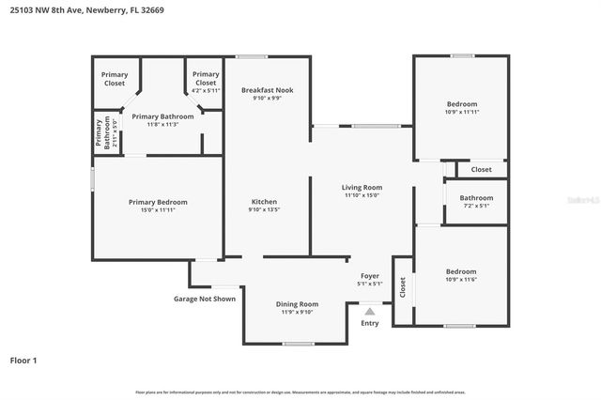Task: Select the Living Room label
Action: [x=362, y=192]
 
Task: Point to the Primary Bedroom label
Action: [x=158, y=206]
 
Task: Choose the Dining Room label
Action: [x=297, y=308]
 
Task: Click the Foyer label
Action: [x=369, y=279]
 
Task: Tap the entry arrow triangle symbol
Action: [x=370, y=312]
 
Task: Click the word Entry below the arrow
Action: [x=370, y=324]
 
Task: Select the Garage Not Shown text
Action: [x=204, y=299]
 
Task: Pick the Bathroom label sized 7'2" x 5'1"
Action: [x=476, y=201]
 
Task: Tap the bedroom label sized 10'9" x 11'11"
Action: [x=461, y=107]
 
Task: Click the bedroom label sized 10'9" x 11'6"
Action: [x=461, y=275]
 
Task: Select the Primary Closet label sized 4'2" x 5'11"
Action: [x=205, y=82]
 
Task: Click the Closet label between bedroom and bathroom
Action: [x=481, y=169]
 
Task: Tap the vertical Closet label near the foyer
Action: [x=403, y=287]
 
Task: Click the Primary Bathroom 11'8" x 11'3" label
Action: [x=162, y=120]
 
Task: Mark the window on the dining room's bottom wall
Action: [x=299, y=344]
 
